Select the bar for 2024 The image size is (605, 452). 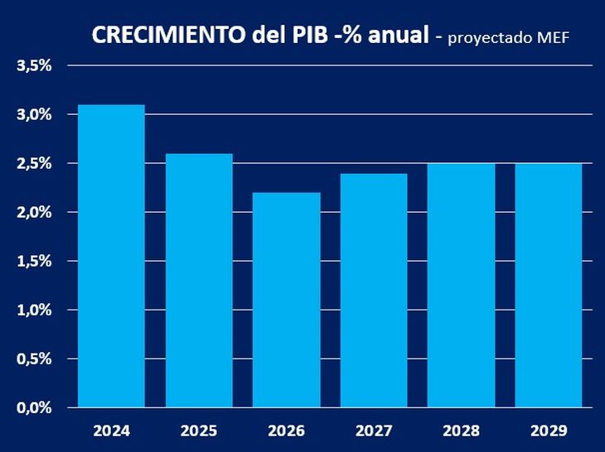[x=111, y=256]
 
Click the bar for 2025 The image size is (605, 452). [x=198, y=281]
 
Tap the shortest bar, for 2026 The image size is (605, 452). [x=286, y=300]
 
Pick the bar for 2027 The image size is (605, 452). [x=373, y=290]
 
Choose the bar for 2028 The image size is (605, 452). [x=461, y=285]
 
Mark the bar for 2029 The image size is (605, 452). [x=548, y=285]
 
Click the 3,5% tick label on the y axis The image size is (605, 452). [x=35, y=65]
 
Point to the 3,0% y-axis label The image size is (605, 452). [x=35, y=114]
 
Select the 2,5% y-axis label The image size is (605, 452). [x=35, y=163]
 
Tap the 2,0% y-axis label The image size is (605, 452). [x=35, y=212]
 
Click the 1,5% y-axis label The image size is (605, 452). [x=35, y=261]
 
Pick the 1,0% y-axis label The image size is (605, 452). [x=35, y=310]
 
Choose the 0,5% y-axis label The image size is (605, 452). [x=35, y=358]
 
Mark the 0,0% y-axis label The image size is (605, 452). [x=35, y=407]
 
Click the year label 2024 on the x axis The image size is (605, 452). [x=111, y=431]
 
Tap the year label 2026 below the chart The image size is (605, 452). [x=286, y=431]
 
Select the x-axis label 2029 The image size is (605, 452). [x=548, y=431]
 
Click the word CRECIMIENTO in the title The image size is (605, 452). [x=167, y=35]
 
